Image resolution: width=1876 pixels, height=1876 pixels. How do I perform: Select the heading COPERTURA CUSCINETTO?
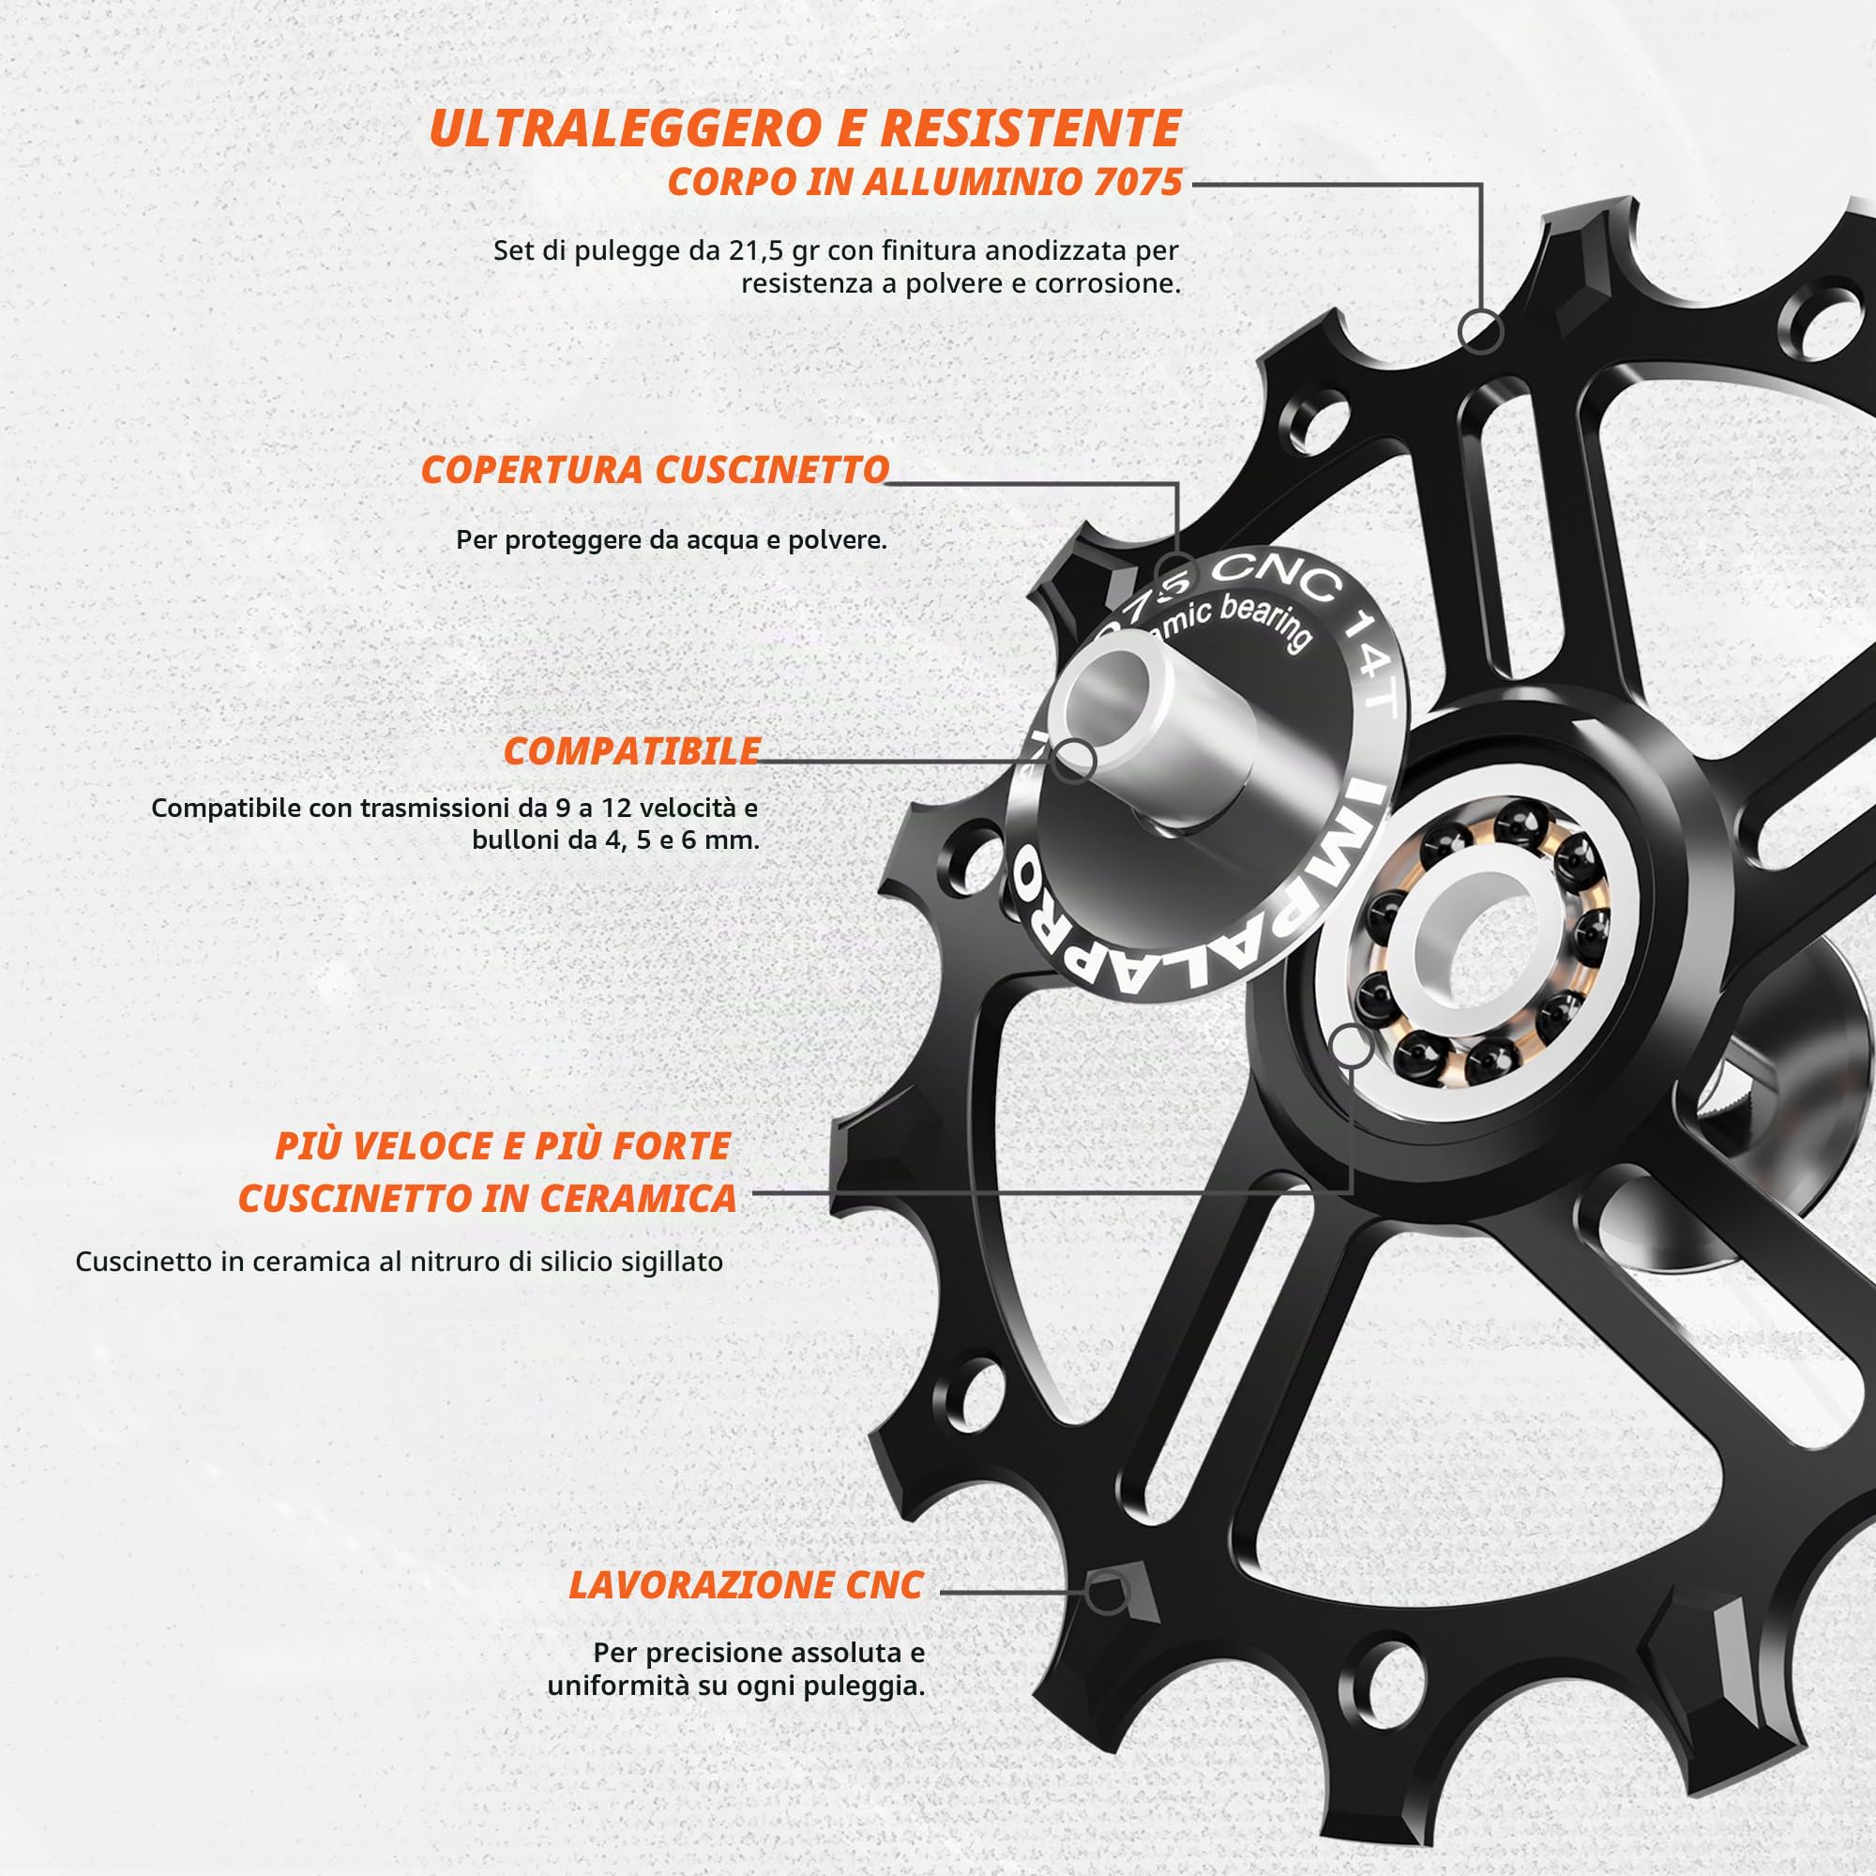click(x=655, y=470)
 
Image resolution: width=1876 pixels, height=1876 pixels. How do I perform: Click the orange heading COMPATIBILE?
click(x=631, y=750)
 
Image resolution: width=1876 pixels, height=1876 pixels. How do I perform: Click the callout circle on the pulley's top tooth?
click(x=1480, y=331)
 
